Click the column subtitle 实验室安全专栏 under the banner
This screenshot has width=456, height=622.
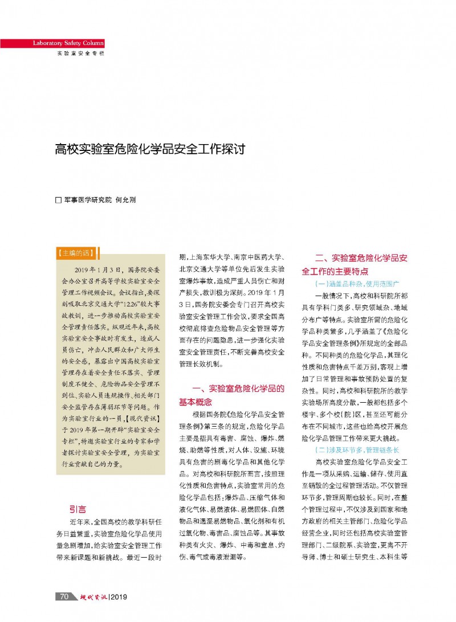pos(80,53)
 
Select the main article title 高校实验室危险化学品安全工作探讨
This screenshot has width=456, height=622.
pos(150,150)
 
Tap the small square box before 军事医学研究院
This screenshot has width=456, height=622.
pos(58,200)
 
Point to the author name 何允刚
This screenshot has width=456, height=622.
pos(126,200)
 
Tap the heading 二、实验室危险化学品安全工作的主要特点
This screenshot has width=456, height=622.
pos(355,264)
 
